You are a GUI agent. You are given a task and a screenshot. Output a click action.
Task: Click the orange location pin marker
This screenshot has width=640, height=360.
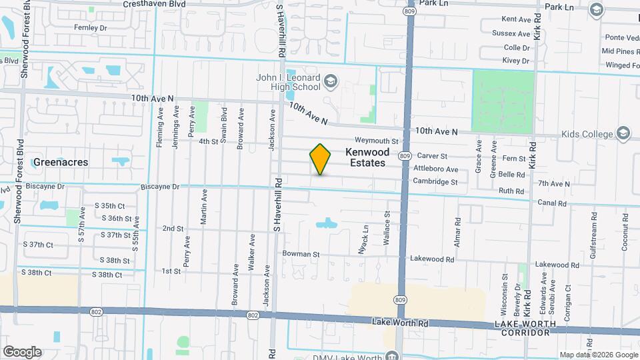(x=320, y=159)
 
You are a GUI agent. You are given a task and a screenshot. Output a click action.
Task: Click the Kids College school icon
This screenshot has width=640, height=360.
(x=623, y=133)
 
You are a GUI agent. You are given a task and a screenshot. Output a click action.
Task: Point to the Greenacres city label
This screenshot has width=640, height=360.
(x=61, y=162)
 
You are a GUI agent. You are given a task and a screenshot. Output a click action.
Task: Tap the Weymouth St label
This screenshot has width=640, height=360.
(x=376, y=141)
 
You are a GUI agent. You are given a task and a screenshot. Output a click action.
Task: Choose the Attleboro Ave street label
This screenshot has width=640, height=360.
(x=435, y=169)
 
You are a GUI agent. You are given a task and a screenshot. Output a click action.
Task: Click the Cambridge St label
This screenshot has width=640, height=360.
(x=435, y=181)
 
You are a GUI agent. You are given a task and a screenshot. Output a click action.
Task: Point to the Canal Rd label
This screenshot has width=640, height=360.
(x=553, y=203)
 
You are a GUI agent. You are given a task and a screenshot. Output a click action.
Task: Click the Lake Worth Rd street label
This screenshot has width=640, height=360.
(x=394, y=322)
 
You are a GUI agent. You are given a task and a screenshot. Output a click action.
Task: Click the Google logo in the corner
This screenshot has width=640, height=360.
(x=21, y=351)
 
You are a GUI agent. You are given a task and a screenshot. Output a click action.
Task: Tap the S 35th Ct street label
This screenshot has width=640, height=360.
(x=109, y=205)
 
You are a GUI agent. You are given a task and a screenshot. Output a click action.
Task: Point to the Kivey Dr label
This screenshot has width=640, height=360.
(x=516, y=61)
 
